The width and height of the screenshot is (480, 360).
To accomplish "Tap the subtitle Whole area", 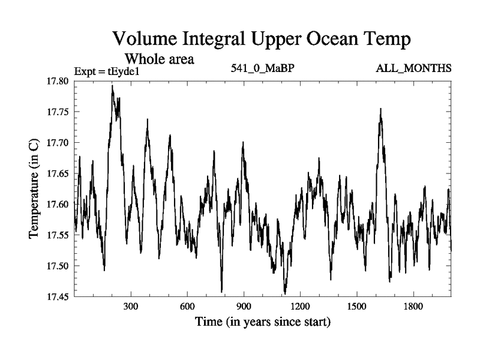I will [158, 59].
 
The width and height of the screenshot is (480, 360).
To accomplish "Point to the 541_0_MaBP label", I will [263, 68].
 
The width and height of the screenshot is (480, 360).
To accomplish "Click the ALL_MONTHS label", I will [413, 68].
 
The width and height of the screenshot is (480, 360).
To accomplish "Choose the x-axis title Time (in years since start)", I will [263, 323].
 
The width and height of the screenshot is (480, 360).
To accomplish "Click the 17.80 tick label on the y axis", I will [58, 81].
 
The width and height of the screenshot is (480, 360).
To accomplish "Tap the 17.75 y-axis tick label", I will [58, 112].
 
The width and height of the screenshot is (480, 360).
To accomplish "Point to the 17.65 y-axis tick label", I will [58, 174].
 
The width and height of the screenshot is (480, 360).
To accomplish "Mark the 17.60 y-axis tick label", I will [58, 205].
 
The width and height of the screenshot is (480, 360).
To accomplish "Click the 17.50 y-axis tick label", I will [58, 266].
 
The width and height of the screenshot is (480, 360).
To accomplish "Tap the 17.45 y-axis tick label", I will [58, 296].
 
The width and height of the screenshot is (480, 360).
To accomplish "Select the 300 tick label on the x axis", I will [131, 307].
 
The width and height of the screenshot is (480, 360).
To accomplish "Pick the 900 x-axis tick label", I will [244, 307].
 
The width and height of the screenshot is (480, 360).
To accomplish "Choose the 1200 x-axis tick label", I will [301, 307].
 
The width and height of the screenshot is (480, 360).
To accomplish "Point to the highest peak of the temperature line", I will [112, 86].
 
